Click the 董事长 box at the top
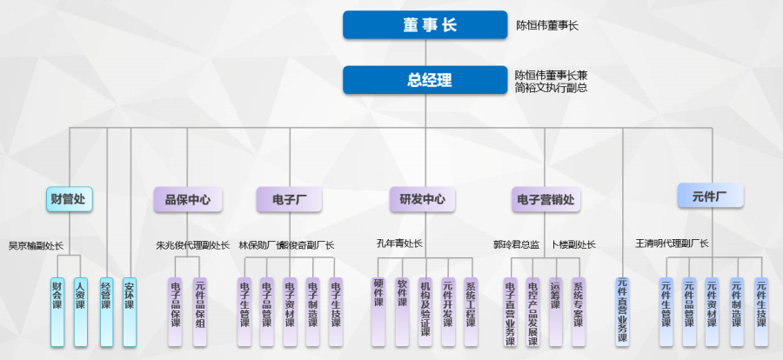tap(425, 24)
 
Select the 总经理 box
tap(425, 80)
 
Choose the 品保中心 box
tap(187, 199)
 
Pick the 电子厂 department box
tap(289, 199)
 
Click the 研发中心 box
tap(422, 199)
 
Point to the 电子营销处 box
tap(545, 199)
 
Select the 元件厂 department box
tap(710, 196)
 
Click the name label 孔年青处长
tap(399, 244)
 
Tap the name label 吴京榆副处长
tap(36, 246)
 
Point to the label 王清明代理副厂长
tap(672, 243)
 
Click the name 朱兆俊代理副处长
tap(193, 246)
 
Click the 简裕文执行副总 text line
tap(551, 88)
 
